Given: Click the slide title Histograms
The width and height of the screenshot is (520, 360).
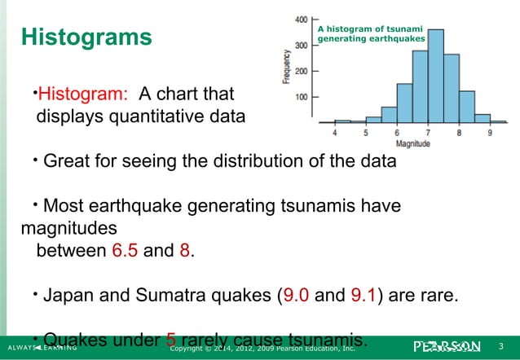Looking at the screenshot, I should point(86,37).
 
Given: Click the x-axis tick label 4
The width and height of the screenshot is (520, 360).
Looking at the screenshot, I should point(335,133).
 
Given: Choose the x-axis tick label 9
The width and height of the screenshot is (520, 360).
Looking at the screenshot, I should point(489,133).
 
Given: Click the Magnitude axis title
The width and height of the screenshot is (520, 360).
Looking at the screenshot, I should point(412,144).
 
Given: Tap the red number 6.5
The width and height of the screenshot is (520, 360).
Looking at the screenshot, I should point(122,249).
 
